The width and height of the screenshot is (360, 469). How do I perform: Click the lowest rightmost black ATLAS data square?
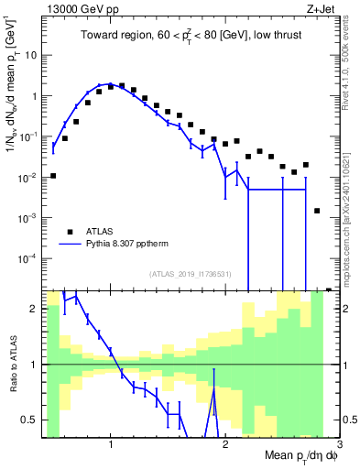tap(317, 211)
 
